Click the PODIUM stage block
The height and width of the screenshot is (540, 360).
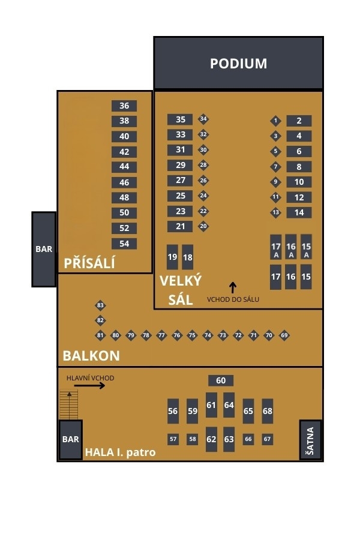pyautogui.click(x=238, y=63)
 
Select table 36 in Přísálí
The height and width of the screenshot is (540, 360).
pyautogui.click(x=124, y=106)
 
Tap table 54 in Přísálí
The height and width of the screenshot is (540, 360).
pyautogui.click(x=124, y=244)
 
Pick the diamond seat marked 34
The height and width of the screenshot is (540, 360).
pyautogui.click(x=203, y=119)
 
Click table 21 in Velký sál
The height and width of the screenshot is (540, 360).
pyautogui.click(x=180, y=226)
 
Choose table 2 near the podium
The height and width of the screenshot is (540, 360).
pyautogui.click(x=299, y=121)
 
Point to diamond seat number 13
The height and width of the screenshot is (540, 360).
pyautogui.click(x=275, y=212)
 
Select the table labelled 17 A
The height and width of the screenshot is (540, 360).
pyautogui.click(x=276, y=247)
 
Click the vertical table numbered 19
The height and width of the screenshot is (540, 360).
pyautogui.click(x=172, y=257)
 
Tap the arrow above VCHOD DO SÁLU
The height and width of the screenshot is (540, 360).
pyautogui.click(x=233, y=287)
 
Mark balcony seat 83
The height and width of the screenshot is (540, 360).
pyautogui.click(x=100, y=305)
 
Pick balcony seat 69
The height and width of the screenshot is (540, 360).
pyautogui.click(x=284, y=335)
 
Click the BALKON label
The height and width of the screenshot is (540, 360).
pyautogui.click(x=91, y=355)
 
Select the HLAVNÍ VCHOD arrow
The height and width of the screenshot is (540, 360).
pyautogui.click(x=90, y=385)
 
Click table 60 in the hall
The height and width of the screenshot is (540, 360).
pyautogui.click(x=221, y=380)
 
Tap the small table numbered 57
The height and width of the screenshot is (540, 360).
pyautogui.click(x=173, y=439)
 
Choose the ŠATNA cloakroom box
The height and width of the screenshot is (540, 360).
pyautogui.click(x=310, y=440)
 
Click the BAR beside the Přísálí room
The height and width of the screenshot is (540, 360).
pyautogui.click(x=44, y=249)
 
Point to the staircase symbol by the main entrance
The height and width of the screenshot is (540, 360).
pyautogui.click(x=70, y=404)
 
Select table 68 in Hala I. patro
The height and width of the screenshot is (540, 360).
pyautogui.click(x=267, y=411)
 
